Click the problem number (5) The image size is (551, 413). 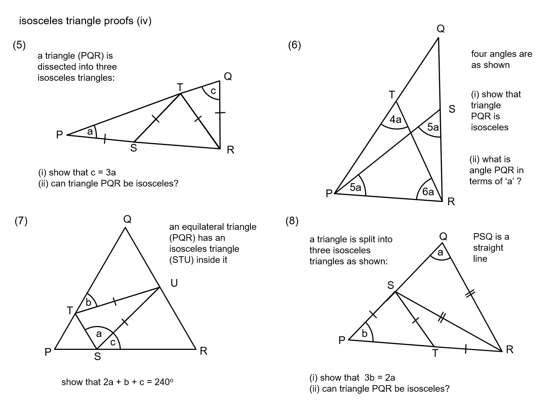19,45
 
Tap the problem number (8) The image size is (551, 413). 292,221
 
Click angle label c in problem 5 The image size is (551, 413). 213,90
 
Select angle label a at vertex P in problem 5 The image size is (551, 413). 90,131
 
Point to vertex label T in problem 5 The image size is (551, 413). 180,87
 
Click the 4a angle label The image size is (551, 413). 396,119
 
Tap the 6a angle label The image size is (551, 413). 428,192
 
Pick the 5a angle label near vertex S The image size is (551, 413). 433,127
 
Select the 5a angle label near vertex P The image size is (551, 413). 355,188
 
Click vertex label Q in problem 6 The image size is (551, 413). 440,29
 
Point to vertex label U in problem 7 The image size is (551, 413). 174,283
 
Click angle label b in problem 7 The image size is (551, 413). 89,302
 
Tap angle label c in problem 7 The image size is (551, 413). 113,343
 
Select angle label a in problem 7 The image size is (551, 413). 98,334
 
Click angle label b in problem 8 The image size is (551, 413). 364,333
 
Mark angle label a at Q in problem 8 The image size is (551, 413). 440,253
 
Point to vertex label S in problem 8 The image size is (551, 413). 390,285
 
